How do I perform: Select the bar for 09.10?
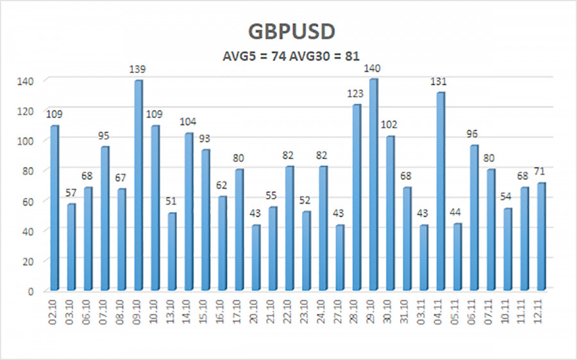pos(138,186)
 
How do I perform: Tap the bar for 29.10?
pos(373,186)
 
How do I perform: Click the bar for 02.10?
pos(54,208)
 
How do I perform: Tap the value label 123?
pos(356,94)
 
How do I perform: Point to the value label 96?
pos(473,134)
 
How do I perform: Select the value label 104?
pos(188,122)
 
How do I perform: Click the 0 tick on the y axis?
pos(37,291)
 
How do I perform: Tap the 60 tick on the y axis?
pos(33,201)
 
